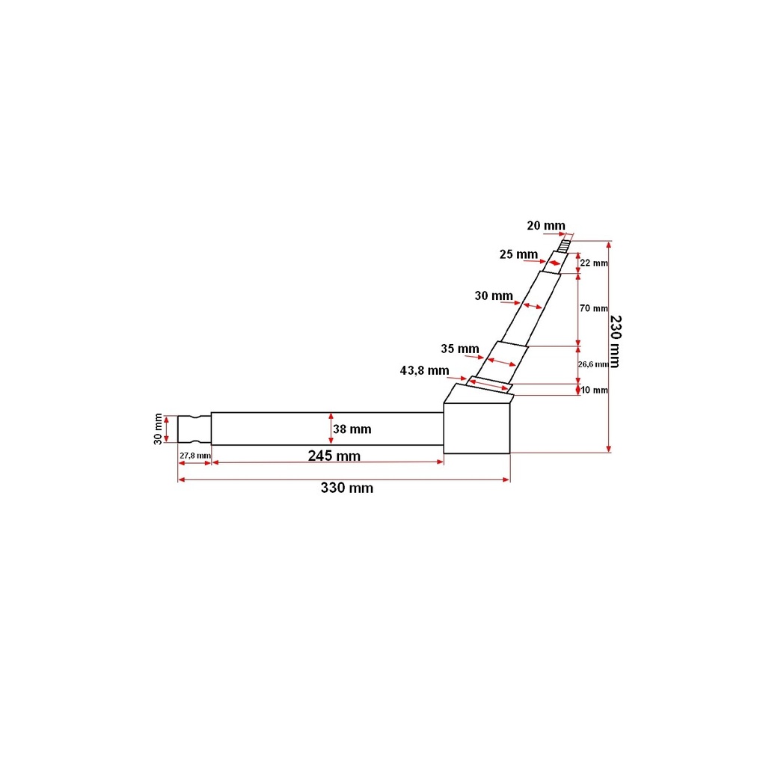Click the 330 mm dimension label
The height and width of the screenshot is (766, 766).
click(x=347, y=488)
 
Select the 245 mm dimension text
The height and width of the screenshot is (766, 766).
click(x=334, y=456)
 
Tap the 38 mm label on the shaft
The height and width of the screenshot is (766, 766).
click(x=352, y=429)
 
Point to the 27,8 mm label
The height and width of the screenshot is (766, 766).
click(x=195, y=456)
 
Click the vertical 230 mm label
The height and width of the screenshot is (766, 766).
click(x=616, y=341)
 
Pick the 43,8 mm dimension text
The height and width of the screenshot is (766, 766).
click(x=425, y=370)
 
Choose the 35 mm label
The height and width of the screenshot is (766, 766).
click(x=460, y=349)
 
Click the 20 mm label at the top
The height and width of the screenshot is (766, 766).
click(x=545, y=226)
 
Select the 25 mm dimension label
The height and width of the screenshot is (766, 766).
click(x=518, y=254)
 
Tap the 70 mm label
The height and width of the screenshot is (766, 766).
click(x=593, y=308)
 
